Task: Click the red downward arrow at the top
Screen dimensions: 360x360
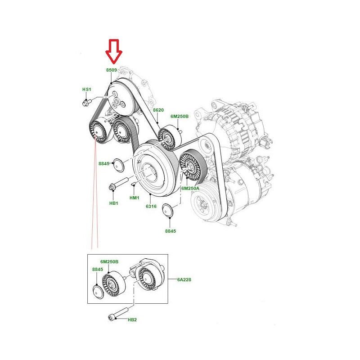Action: coord(114,50)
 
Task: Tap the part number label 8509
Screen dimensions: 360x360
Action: coord(112,70)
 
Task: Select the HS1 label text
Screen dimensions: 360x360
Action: coord(86,90)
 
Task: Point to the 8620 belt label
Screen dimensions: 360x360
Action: coord(158,110)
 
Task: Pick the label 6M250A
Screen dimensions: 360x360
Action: coord(190,188)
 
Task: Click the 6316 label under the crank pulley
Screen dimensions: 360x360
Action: coord(150,207)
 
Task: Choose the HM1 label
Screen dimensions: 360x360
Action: coord(134,198)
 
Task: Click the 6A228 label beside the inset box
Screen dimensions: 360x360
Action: coord(184,279)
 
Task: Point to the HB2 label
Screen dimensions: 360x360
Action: coord(132,320)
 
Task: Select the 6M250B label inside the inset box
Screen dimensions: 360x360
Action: coord(109,261)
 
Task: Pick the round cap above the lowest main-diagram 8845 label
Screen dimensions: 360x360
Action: coord(169,211)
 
